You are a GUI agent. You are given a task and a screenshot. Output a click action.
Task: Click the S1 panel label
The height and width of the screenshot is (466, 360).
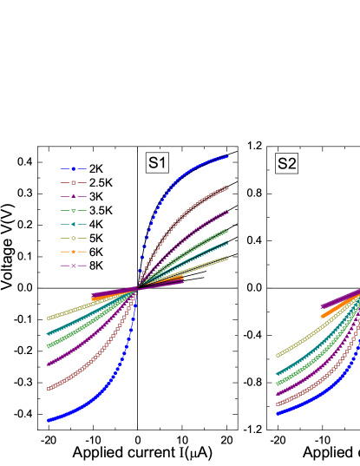point(157,162)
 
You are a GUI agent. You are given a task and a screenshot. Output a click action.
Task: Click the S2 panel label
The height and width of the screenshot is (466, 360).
point(287,163)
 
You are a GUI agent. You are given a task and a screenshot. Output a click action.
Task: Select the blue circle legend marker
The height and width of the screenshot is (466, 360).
point(73,169)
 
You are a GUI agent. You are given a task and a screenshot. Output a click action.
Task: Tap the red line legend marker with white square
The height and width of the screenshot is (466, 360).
point(73,183)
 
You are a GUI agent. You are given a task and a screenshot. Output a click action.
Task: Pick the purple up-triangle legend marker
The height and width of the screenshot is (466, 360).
point(73,197)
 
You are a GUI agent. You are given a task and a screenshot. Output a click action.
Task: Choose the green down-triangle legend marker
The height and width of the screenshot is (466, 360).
point(73,211)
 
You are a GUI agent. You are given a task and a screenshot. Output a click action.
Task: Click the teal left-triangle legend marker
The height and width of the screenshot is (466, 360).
point(73,224)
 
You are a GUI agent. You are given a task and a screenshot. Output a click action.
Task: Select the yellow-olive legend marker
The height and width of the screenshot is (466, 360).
point(73,238)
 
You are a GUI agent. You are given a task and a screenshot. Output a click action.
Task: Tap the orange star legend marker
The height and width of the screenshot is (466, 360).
point(73,252)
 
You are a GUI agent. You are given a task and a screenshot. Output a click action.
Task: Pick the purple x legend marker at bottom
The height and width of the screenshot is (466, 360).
point(73,266)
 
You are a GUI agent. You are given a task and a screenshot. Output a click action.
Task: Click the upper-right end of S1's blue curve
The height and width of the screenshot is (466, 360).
point(227,156)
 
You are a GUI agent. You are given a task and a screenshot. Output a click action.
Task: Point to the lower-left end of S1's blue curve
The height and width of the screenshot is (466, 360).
point(48,421)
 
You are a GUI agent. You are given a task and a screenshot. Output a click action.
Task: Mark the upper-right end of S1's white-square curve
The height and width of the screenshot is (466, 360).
point(227,187)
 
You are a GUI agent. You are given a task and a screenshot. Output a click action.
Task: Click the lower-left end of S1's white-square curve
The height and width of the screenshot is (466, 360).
point(48,389)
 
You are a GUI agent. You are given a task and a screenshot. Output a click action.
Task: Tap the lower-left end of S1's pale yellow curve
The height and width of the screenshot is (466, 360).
point(48,318)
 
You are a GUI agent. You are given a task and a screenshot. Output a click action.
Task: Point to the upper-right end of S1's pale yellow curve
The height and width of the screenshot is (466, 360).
point(227,258)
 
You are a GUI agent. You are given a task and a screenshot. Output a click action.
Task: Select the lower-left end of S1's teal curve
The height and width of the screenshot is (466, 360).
point(48,333)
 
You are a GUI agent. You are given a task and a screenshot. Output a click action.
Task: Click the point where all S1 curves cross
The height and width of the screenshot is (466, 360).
point(137,289)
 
